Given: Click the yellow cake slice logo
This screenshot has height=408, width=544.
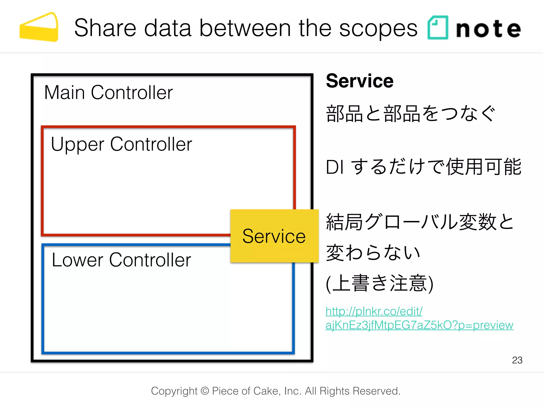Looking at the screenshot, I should click(39, 28).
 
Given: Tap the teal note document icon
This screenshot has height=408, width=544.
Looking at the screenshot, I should click(437, 28).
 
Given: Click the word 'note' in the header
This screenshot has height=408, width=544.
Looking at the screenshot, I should click(488, 29).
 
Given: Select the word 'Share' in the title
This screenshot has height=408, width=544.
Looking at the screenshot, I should click(105, 28).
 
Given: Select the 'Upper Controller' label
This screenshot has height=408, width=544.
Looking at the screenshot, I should click(121, 144).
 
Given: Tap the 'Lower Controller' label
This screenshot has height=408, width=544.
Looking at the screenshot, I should click(121, 260).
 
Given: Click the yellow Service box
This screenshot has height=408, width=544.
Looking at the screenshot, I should click(274, 236).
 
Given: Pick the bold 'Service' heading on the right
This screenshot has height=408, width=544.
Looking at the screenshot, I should click(359, 81).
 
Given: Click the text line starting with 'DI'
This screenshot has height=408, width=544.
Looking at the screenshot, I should click(423, 167).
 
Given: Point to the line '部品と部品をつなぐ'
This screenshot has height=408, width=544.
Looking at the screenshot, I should click(410, 114).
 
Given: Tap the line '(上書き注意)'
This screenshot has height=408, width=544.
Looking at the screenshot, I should click(379, 283).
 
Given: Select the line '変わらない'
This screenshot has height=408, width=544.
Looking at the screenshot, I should click(373, 252).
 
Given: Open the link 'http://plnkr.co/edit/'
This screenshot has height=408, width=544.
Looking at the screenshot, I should click(374, 311).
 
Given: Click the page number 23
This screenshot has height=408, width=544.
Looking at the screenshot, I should click(517, 360).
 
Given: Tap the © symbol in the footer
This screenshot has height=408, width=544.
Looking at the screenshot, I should click(205, 391).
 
